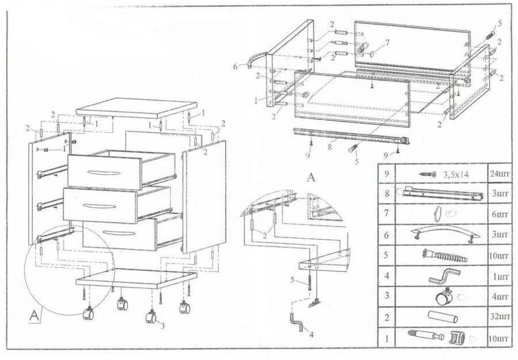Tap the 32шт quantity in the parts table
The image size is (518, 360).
tap(499, 317)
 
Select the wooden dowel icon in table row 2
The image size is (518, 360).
tap(441, 317)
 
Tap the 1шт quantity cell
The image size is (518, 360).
tap(499, 277)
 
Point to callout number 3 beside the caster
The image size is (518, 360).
tap(162, 326)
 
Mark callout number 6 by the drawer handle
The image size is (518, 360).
tap(235, 67)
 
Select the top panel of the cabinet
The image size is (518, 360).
tap(136, 108)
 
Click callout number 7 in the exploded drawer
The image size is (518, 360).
tap(387, 43)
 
